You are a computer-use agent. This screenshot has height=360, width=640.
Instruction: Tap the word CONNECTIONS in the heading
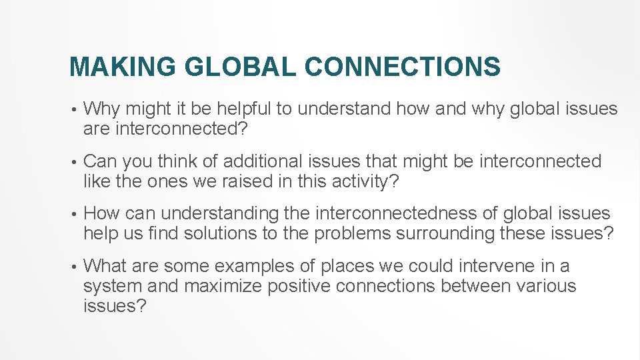[403, 67]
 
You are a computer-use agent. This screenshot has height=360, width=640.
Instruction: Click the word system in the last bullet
[106, 286]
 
